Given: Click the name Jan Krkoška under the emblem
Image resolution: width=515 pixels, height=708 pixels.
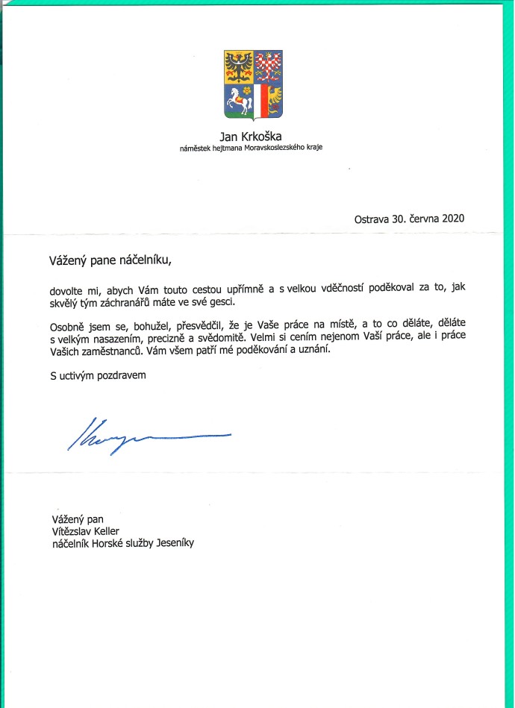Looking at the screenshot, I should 252,136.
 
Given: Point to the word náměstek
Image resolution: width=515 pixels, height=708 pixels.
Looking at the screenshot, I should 197,148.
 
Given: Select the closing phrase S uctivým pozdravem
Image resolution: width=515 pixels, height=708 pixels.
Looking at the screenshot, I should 93,377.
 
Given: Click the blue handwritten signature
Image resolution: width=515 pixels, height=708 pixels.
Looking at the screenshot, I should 149,434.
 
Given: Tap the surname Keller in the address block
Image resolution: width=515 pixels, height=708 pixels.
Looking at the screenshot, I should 107,531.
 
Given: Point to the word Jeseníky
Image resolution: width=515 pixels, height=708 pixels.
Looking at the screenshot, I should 172,543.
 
